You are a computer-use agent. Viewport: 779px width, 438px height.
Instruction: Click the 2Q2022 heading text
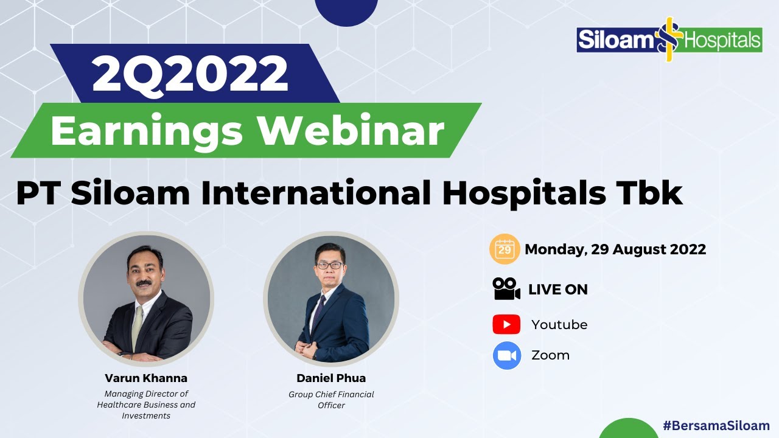pos(190,73)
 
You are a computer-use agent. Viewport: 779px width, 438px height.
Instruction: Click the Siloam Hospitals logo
pos(669,40)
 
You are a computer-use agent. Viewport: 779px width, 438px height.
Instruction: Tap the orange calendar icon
pos(505,249)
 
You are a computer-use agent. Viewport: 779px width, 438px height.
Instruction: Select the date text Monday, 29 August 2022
pos(615,249)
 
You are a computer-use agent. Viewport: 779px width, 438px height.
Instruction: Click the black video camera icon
pos(506,290)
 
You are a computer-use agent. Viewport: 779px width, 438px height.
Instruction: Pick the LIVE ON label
pos(558,290)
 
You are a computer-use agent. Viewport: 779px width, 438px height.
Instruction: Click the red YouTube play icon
pos(506,324)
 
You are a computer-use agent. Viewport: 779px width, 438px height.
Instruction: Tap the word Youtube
pos(559,325)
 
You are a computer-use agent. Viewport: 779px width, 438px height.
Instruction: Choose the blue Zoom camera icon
pos(507,356)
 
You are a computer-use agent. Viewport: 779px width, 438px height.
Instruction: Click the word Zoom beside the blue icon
pos(550,356)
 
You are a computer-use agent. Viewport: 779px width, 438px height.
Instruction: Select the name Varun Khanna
pos(146,378)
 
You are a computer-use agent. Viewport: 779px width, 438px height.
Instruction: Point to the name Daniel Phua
pos(331,378)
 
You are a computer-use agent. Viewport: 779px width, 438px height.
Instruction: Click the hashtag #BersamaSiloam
pos(716,426)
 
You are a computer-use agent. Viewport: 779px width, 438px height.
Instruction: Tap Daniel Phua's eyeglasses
pos(329,265)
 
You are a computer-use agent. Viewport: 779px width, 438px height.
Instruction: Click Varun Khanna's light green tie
pos(138,325)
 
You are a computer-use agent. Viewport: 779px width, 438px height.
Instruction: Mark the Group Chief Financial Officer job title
pos(331,400)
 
